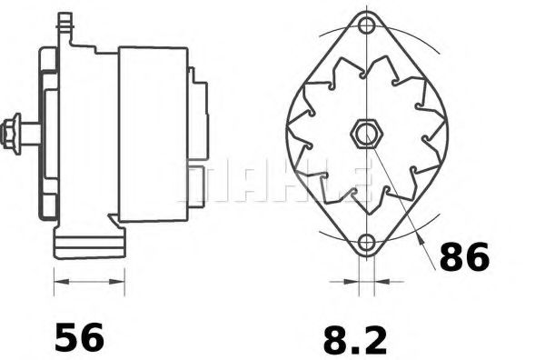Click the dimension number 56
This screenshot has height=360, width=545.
click(x=79, y=337)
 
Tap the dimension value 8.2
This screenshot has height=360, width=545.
click(x=355, y=340)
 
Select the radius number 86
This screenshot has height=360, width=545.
click(x=464, y=256)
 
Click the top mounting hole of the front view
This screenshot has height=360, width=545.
click(x=366, y=25)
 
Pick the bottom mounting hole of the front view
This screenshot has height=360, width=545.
click(x=366, y=243)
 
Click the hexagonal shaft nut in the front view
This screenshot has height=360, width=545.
click(x=367, y=134)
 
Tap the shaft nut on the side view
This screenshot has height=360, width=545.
click(x=11, y=134)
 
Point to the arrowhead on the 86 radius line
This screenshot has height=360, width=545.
click(x=421, y=240)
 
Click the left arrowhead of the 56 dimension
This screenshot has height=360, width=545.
click(x=62, y=282)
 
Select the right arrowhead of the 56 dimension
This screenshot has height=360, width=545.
click(x=117, y=282)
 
